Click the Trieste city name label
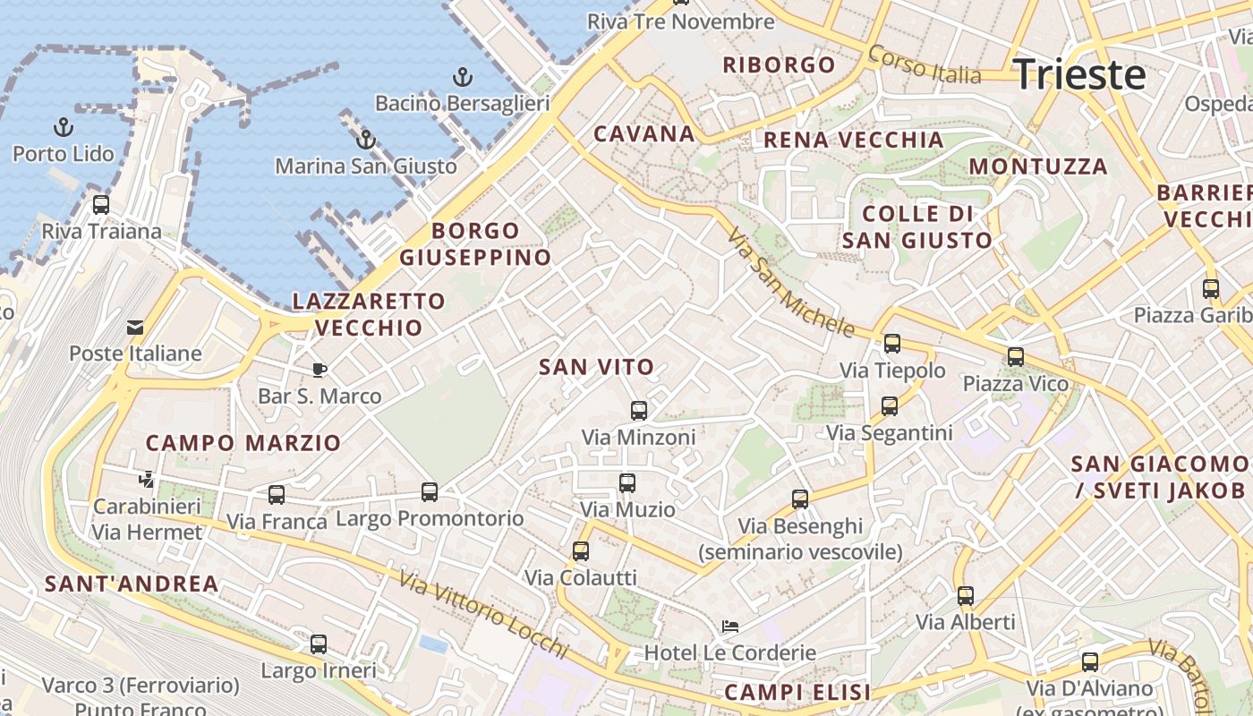coord(1079,74)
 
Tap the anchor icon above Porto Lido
coord(64,126)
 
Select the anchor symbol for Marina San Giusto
coord(365,140)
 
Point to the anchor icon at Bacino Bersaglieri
coord(462,76)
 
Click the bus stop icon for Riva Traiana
coord(101,204)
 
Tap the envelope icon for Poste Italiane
coord(135,327)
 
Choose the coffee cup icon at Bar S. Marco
coord(319,370)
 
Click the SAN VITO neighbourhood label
coord(597,366)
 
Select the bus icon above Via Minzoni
coord(638,411)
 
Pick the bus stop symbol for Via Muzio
coord(627,483)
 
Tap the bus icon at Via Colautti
coord(581,551)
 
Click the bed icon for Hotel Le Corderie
coord(730,626)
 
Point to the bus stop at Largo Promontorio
coord(430,491)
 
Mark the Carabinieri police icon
coord(147,480)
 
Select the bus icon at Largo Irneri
coord(319,644)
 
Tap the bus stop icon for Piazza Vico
coord(1016,357)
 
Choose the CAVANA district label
coord(644,134)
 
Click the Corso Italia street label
coord(925,64)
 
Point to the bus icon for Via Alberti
coord(965,595)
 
